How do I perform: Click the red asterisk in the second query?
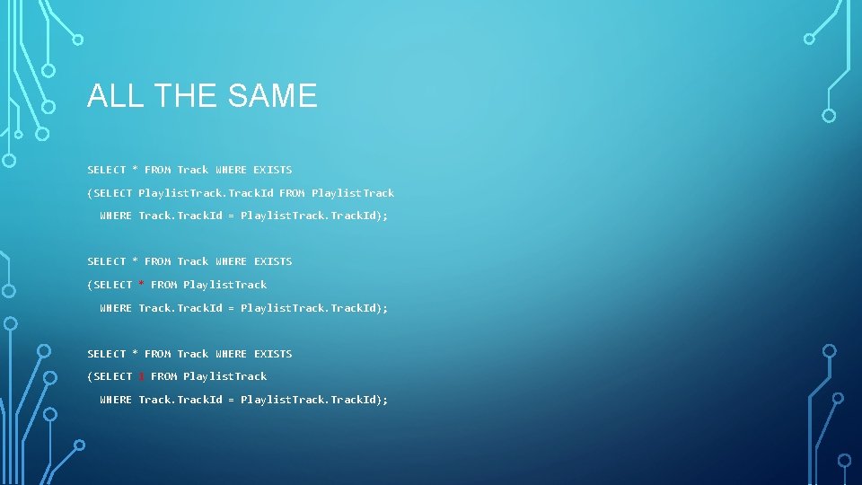point(142,285)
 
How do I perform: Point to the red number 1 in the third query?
point(142,376)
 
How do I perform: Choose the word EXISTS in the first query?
point(272,170)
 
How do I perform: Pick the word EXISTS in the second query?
point(272,261)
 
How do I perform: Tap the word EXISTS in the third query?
point(272,354)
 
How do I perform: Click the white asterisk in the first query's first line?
point(136,170)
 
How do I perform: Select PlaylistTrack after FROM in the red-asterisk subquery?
point(224,285)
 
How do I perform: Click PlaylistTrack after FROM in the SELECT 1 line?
point(224,376)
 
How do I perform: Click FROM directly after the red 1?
point(163,376)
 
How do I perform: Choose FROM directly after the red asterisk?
point(163,285)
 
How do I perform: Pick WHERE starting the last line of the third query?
point(116,400)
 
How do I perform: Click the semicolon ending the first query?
point(386,216)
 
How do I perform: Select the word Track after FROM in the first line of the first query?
point(192,170)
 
